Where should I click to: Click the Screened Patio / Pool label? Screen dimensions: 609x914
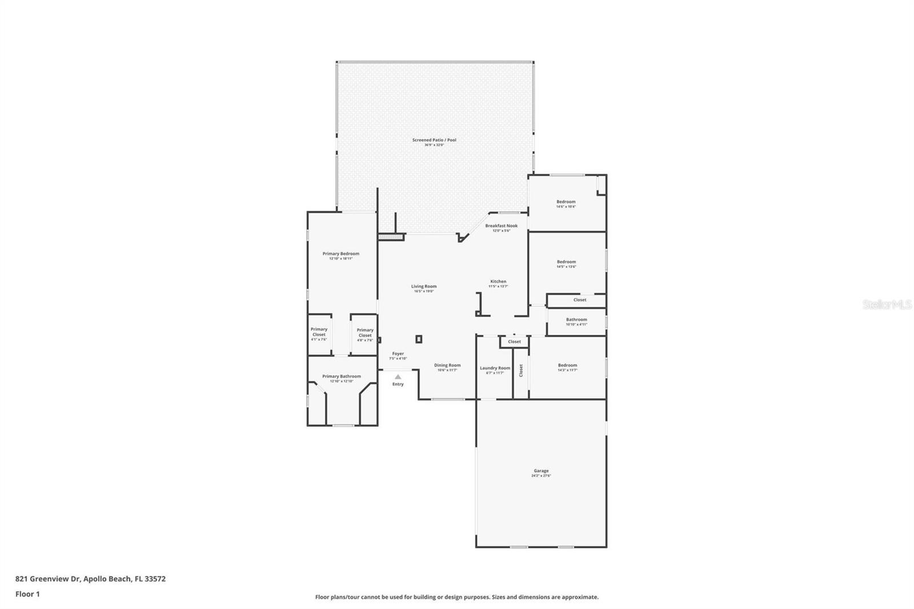(434, 141)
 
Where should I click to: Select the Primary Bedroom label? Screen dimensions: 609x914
(341, 254)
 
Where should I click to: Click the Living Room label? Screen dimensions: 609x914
(424, 287)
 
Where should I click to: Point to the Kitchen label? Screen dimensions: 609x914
(498, 282)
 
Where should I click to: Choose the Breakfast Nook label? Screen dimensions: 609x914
(502, 226)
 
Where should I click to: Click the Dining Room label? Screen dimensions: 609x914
(447, 366)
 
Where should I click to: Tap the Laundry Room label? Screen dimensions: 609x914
(495, 368)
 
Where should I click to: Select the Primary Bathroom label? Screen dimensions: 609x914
(342, 377)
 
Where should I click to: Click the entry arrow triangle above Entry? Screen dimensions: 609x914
(398, 377)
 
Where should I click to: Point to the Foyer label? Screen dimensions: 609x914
(398, 354)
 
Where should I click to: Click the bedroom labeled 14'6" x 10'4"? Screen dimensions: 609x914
(566, 202)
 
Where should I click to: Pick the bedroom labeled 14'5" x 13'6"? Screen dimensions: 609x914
(566, 262)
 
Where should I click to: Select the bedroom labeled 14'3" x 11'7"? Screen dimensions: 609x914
(567, 366)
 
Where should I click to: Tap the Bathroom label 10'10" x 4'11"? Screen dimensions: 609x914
(576, 320)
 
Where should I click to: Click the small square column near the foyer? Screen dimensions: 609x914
(419, 339)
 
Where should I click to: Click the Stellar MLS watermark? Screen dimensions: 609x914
(887, 305)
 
